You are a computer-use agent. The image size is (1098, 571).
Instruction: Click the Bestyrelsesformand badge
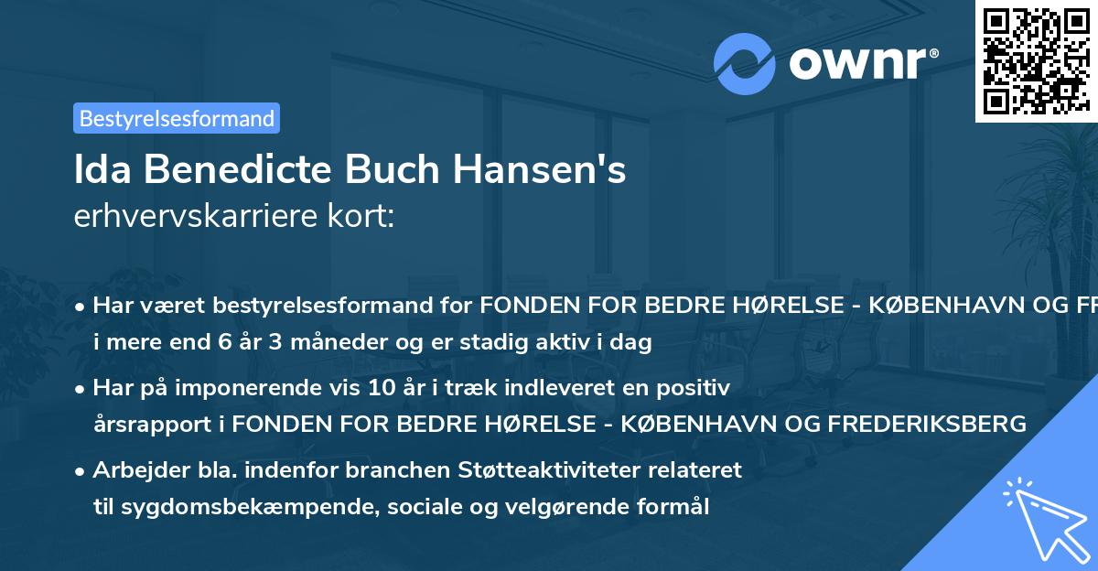177,118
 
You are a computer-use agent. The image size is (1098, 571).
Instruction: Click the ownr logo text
863,63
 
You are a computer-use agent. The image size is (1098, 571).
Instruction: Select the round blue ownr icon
745,64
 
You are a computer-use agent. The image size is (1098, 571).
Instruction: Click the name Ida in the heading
103,171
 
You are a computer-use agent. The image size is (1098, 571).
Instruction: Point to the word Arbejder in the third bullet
133,470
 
